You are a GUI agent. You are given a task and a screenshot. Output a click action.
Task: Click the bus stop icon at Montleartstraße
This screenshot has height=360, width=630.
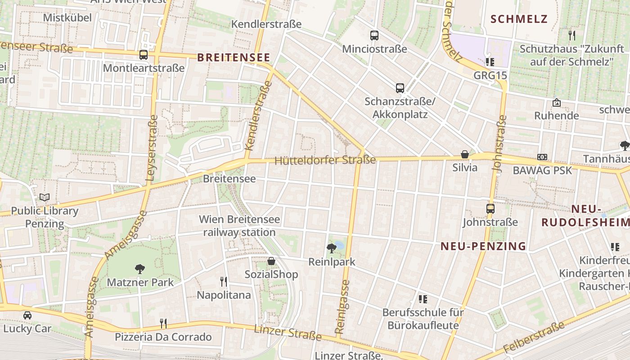[144, 55]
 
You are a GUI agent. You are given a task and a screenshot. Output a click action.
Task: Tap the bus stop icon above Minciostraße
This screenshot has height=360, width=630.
[374, 36]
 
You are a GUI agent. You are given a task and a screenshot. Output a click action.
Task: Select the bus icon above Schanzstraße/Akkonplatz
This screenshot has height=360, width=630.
[400, 88]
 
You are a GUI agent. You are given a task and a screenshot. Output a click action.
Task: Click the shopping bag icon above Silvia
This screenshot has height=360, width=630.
[465, 154]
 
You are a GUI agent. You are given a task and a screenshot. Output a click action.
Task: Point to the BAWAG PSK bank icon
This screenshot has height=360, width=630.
[542, 157]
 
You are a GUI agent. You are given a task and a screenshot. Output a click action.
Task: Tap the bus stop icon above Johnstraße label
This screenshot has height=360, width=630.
[490, 209]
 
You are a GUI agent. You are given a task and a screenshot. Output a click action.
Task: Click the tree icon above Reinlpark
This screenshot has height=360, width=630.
[332, 248]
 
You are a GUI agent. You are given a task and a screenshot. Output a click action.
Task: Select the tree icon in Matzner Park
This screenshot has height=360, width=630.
[140, 269]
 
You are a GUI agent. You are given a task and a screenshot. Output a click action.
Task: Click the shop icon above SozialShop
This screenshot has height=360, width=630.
[271, 261]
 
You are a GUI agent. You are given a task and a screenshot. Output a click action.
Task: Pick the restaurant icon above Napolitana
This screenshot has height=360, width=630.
[224, 282]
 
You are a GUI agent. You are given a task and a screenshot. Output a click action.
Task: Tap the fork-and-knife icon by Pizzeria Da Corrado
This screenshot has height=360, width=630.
[163, 323]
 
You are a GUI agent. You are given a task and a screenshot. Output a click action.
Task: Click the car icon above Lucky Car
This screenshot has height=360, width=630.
[27, 315]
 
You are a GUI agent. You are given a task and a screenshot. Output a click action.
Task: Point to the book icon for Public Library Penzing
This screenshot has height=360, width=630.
[45, 197]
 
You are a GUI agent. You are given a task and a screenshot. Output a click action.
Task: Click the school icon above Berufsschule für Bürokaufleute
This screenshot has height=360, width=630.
[423, 299]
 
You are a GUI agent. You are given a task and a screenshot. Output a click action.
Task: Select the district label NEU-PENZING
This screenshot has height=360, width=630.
[483, 246]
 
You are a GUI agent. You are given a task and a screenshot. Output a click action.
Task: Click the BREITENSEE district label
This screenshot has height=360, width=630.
[234, 58]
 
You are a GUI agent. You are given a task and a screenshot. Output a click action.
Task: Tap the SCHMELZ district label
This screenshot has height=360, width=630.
[519, 19]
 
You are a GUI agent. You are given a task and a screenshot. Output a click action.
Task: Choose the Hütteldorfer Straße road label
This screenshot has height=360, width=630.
[325, 160]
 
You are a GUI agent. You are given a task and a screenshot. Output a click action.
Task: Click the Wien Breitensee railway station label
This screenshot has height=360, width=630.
[239, 226]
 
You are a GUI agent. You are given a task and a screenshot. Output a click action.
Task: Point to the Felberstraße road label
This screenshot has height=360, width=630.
[534, 338]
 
